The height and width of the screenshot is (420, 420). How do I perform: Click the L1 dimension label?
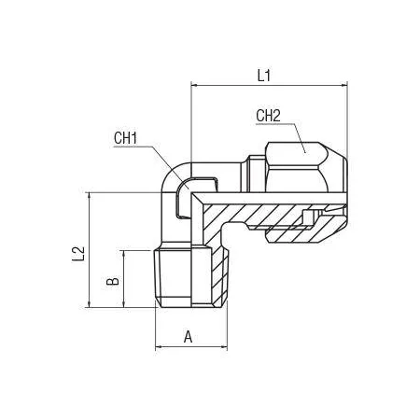(264, 76)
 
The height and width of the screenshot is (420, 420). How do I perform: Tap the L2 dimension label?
(78, 254)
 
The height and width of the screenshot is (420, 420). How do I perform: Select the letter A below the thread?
(188, 337)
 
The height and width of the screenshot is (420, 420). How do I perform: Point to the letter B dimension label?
(113, 281)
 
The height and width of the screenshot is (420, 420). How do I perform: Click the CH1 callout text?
(125, 138)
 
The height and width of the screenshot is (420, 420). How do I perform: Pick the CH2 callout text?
(268, 116)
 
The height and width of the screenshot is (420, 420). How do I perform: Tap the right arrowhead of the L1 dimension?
(343, 85)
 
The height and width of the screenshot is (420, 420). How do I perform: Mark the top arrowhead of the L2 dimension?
(90, 196)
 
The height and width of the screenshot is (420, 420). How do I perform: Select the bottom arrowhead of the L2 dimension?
(90, 304)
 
